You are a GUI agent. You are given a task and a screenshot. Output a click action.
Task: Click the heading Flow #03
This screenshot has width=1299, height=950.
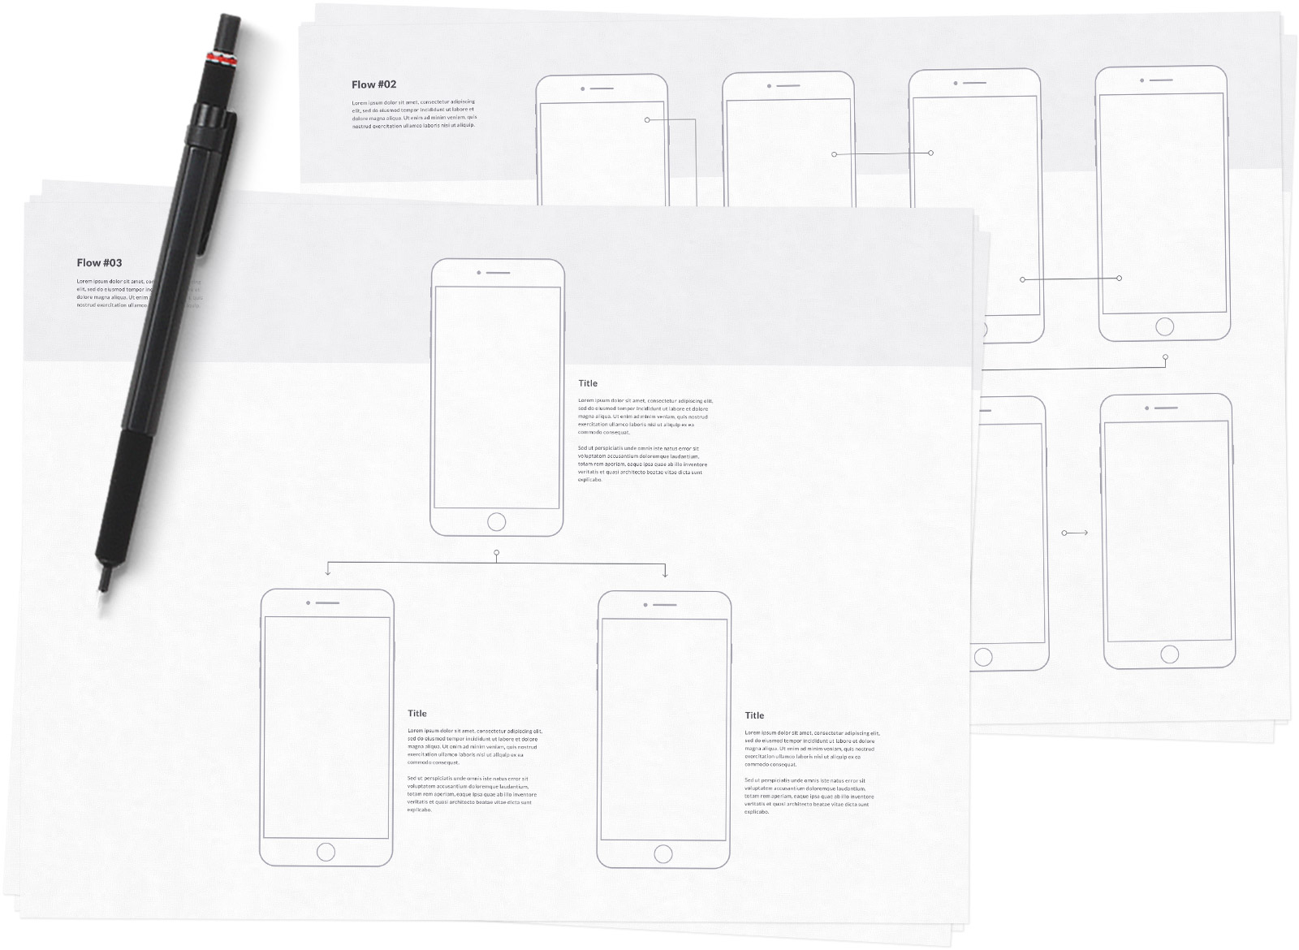pos(99,263)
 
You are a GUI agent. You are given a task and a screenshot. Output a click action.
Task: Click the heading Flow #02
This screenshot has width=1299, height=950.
pos(373,84)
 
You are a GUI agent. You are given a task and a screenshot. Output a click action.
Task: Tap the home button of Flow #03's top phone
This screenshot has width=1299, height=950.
pos(496,521)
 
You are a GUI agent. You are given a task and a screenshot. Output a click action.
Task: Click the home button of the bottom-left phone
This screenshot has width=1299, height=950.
pos(326,852)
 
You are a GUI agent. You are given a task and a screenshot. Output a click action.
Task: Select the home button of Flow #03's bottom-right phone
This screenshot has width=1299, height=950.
pos(663,853)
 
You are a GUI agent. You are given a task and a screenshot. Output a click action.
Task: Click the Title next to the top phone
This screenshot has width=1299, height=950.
pos(588,383)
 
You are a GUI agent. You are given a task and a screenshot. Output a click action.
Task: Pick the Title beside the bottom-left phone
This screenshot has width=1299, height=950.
pos(417,714)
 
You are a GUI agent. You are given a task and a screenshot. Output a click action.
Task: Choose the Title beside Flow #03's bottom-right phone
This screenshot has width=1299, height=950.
pos(754,715)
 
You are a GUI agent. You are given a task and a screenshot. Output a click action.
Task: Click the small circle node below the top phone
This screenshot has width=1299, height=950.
pos(496,553)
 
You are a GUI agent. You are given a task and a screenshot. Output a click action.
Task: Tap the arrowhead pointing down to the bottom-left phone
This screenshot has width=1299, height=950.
pos(327,573)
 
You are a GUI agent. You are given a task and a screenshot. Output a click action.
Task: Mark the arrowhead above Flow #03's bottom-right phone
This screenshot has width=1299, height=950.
pos(665,574)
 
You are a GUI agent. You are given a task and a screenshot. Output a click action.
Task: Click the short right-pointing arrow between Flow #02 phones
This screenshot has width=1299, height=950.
pos(1075,533)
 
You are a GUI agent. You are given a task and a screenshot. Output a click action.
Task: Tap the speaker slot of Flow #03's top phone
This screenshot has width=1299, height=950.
pos(498,273)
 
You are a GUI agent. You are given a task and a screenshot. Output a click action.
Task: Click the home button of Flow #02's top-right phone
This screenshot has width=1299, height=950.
pos(1164,326)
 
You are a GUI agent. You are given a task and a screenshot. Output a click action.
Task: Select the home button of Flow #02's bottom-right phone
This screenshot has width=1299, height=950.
pos(1169,654)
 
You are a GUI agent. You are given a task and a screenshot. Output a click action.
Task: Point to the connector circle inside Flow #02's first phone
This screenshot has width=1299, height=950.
pos(647,120)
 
